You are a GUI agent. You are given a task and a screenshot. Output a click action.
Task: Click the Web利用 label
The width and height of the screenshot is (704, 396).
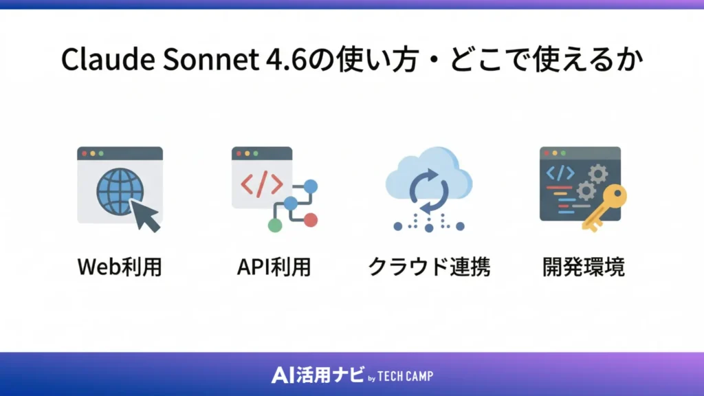(120, 266)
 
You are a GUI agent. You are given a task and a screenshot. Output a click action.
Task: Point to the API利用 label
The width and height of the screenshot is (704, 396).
(274, 266)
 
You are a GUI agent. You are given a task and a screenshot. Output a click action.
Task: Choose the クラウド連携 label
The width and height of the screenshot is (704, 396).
(429, 266)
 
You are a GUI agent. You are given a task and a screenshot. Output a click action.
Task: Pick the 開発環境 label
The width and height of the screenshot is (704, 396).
(583, 266)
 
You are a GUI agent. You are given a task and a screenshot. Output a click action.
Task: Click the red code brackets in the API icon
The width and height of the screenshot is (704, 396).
(261, 184)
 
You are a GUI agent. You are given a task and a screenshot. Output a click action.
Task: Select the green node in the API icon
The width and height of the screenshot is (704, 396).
(274, 225)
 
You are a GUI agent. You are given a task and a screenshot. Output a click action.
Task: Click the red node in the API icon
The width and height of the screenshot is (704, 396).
(310, 219)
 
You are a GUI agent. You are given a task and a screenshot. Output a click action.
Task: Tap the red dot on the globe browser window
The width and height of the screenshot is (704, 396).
(85, 153)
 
